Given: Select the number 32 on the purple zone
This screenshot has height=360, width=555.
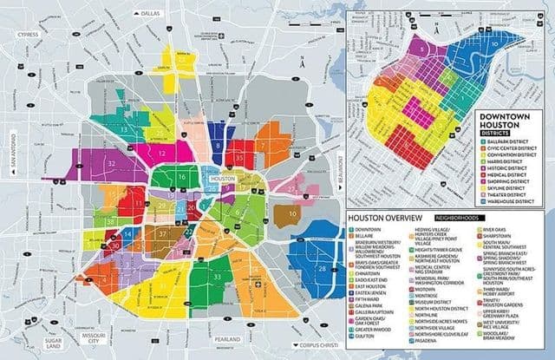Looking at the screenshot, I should click(113, 163).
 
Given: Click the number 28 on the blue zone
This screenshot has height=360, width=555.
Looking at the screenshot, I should click(322, 270).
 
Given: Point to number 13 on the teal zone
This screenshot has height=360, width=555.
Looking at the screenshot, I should click(125, 129).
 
